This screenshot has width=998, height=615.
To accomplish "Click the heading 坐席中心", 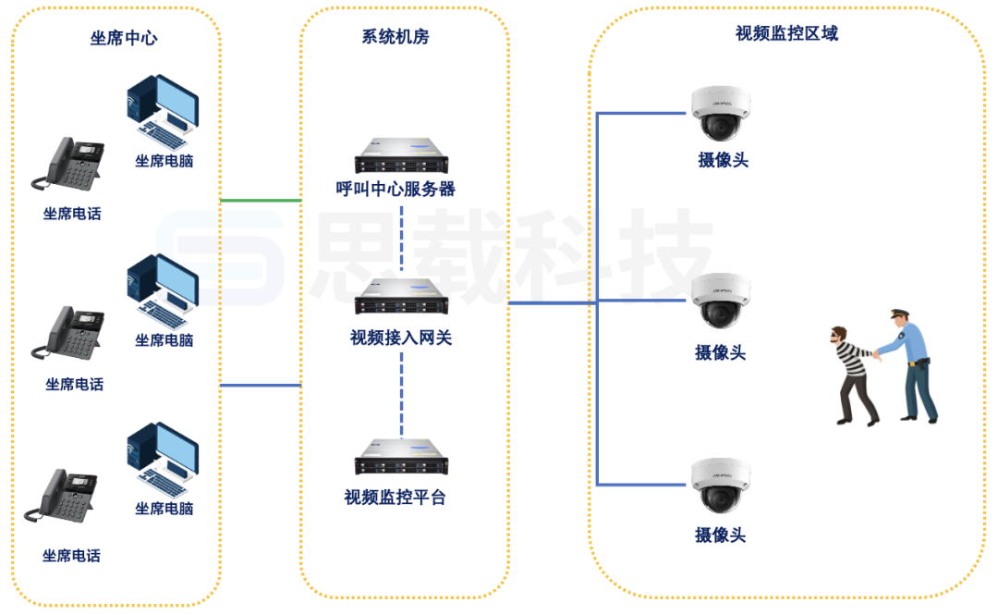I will click(124, 38).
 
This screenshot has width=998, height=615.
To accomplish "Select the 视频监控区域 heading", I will click(786, 33).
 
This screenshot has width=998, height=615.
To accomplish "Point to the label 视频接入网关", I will click(401, 338).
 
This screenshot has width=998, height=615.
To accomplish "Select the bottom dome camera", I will click(722, 486).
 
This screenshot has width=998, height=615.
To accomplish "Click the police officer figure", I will click(909, 365).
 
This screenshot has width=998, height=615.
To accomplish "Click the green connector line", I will click(261, 200).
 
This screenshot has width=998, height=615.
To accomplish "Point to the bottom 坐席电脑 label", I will click(164, 509).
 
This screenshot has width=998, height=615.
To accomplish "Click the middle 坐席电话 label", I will click(74, 385).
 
